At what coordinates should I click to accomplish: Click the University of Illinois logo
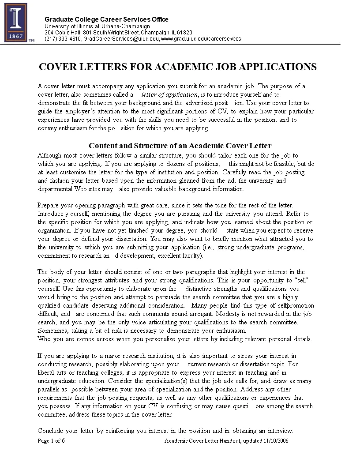click(16, 23)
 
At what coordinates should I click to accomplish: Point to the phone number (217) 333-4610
click(63, 39)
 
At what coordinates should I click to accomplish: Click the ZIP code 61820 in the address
click(185, 33)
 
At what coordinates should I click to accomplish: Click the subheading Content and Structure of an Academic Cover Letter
click(180, 146)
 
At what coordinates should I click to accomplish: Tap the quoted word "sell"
click(297, 281)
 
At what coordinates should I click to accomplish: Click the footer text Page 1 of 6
click(51, 441)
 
